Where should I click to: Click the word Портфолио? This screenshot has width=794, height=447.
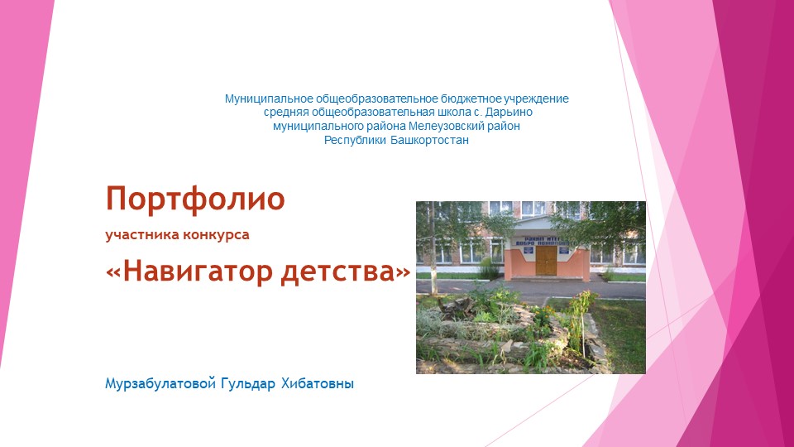point(195,199)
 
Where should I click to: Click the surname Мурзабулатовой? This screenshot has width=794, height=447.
point(160,384)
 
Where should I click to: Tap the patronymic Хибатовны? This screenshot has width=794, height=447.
point(317,384)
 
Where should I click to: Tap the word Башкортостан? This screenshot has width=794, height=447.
point(430,141)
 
